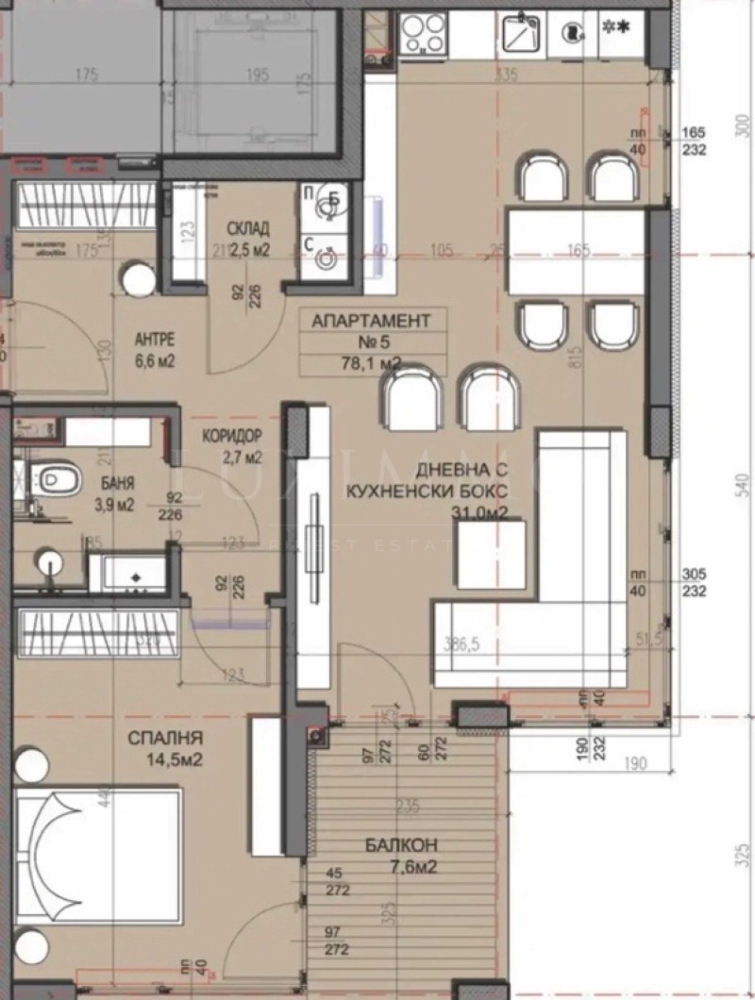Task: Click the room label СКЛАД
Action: (248, 228)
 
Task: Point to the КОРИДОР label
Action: (231, 437)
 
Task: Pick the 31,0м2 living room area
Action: (480, 512)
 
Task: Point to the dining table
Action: (576, 252)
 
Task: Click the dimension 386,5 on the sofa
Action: (462, 644)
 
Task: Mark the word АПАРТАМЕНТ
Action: (371, 321)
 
